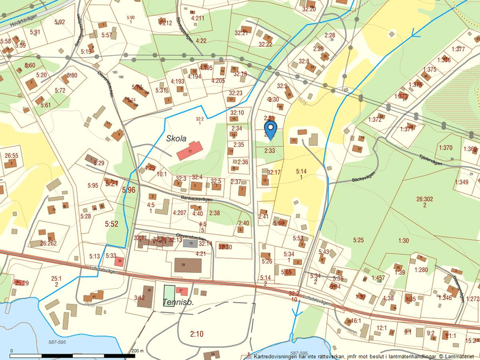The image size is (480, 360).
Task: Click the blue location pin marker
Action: pyautogui.click(x=270, y=129)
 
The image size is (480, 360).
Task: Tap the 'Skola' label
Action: pyautogui.click(x=176, y=138)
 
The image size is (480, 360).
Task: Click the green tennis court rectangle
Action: pyautogui.click(x=168, y=293)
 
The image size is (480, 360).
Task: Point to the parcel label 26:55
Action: pyautogui.click(x=12, y=156)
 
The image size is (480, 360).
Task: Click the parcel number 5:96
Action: pyautogui.click(x=128, y=190)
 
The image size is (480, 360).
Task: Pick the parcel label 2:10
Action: pyautogui.click(x=197, y=333)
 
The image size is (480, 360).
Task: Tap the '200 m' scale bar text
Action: pyautogui.click(x=137, y=351)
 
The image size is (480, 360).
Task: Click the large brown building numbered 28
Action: pyautogui.click(x=187, y=266)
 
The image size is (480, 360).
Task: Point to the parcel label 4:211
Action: pyautogui.click(x=197, y=18)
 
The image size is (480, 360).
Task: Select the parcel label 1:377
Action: pyautogui.click(x=458, y=49)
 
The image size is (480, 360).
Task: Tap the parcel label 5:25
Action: pyautogui.click(x=357, y=240)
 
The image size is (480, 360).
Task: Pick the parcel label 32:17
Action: pyautogui.click(x=273, y=172)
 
